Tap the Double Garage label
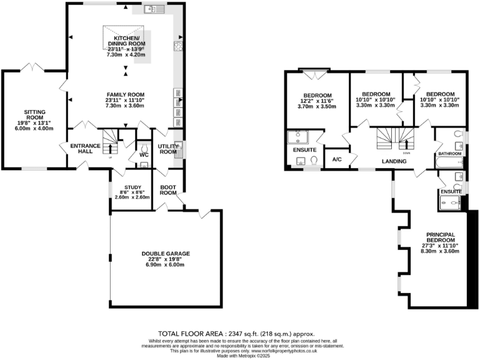165,254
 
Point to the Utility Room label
168,149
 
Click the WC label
143,154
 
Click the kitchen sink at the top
152,9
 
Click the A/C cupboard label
337,158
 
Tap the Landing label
394,161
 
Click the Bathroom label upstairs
449,153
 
